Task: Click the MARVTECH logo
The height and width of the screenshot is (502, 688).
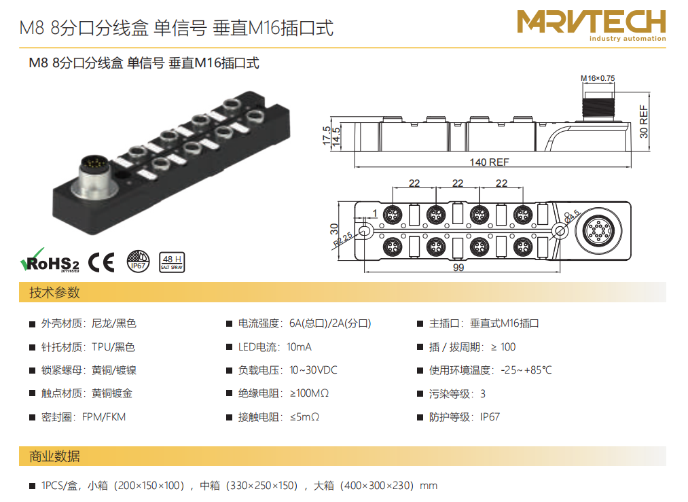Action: pyautogui.click(x=591, y=24)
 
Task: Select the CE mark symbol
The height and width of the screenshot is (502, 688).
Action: pyautogui.click(x=102, y=262)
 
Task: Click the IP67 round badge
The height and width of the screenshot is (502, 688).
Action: pyautogui.click(x=138, y=262)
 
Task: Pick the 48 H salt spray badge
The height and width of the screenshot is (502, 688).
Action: pyautogui.click(x=171, y=262)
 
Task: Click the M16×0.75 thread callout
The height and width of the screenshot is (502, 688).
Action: pyautogui.click(x=598, y=79)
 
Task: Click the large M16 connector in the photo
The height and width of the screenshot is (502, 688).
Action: pyautogui.click(x=90, y=173)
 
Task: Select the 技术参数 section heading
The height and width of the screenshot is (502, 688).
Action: pyautogui.click(x=54, y=293)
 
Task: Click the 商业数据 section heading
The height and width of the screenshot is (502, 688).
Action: pyautogui.click(x=54, y=456)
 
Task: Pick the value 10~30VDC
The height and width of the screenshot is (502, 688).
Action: pyautogui.click(x=313, y=370)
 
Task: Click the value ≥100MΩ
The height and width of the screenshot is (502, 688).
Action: pyautogui.click(x=309, y=393)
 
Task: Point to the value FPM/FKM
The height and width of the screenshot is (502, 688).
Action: pyautogui.click(x=104, y=416)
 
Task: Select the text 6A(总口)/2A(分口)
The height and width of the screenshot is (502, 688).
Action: pyautogui.click(x=330, y=324)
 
